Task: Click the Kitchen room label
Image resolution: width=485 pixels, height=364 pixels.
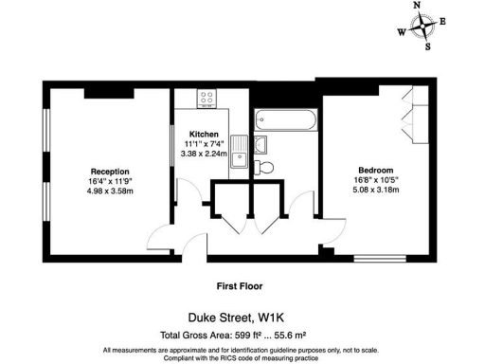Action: (205, 134)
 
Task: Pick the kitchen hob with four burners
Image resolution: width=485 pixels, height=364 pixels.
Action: (206, 98)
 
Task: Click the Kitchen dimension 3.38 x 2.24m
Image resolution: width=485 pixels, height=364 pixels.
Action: (206, 154)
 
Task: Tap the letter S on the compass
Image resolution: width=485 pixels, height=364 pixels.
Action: (428, 45)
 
